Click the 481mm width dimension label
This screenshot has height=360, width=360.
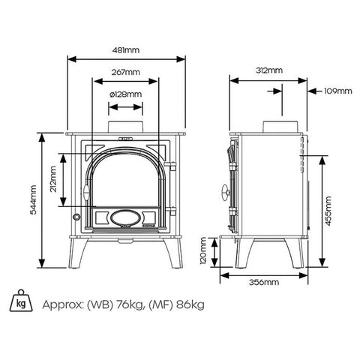pyautogui.click(x=126, y=50)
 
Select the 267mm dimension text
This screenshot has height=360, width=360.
pyautogui.click(x=126, y=72)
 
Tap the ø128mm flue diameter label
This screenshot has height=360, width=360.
pyautogui.click(x=126, y=94)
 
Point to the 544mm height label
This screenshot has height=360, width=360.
pyautogui.click(x=33, y=199)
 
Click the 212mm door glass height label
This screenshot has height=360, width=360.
pyautogui.click(x=53, y=179)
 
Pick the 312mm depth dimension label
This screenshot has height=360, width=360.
pyautogui.click(x=269, y=70)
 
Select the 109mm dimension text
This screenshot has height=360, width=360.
pyautogui.click(x=338, y=91)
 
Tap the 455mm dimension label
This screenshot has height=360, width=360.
pyautogui.click(x=328, y=211)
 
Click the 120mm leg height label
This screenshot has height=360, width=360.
pyautogui.click(x=203, y=250)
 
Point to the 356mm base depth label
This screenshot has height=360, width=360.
pyautogui.click(x=264, y=282)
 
